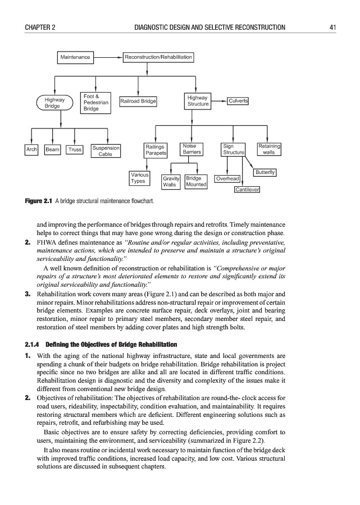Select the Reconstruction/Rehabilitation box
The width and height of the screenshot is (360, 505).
click(158, 57)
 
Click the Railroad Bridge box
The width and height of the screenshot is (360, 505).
click(138, 102)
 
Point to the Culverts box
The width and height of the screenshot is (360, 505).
click(238, 101)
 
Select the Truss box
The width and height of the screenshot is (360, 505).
click(75, 150)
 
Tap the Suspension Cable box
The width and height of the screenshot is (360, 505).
click(106, 151)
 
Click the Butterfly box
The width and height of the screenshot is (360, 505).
click(265, 172)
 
